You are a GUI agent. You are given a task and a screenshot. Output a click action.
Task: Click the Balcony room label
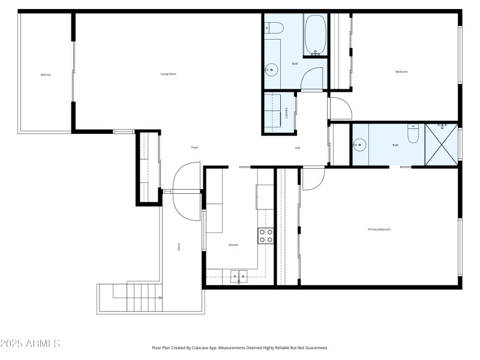pos(46,74)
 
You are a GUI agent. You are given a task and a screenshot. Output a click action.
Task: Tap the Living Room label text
pos(168,74)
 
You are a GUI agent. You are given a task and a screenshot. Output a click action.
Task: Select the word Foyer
pos(194,148)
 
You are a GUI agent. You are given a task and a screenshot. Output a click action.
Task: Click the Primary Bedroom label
pos(379,229)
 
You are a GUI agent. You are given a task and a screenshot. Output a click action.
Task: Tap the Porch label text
pos(179,246)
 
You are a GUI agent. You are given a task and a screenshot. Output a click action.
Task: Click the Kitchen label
pos(233,245)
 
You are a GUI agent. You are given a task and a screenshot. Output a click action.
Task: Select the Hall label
pos(297,148)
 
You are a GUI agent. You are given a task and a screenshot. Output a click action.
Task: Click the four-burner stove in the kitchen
pos(266,236)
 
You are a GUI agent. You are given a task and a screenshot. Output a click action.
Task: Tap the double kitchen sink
pos(239,276)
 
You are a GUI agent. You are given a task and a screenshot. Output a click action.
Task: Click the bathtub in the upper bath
pos(315,35)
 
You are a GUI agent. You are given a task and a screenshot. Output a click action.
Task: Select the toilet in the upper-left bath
pos(274,27)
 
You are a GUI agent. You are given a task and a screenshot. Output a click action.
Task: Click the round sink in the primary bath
pos(359,144)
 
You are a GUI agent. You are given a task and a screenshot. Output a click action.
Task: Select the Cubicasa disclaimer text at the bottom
pos(239,347)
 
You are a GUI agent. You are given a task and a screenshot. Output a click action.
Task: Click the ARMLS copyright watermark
pos(30,344)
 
